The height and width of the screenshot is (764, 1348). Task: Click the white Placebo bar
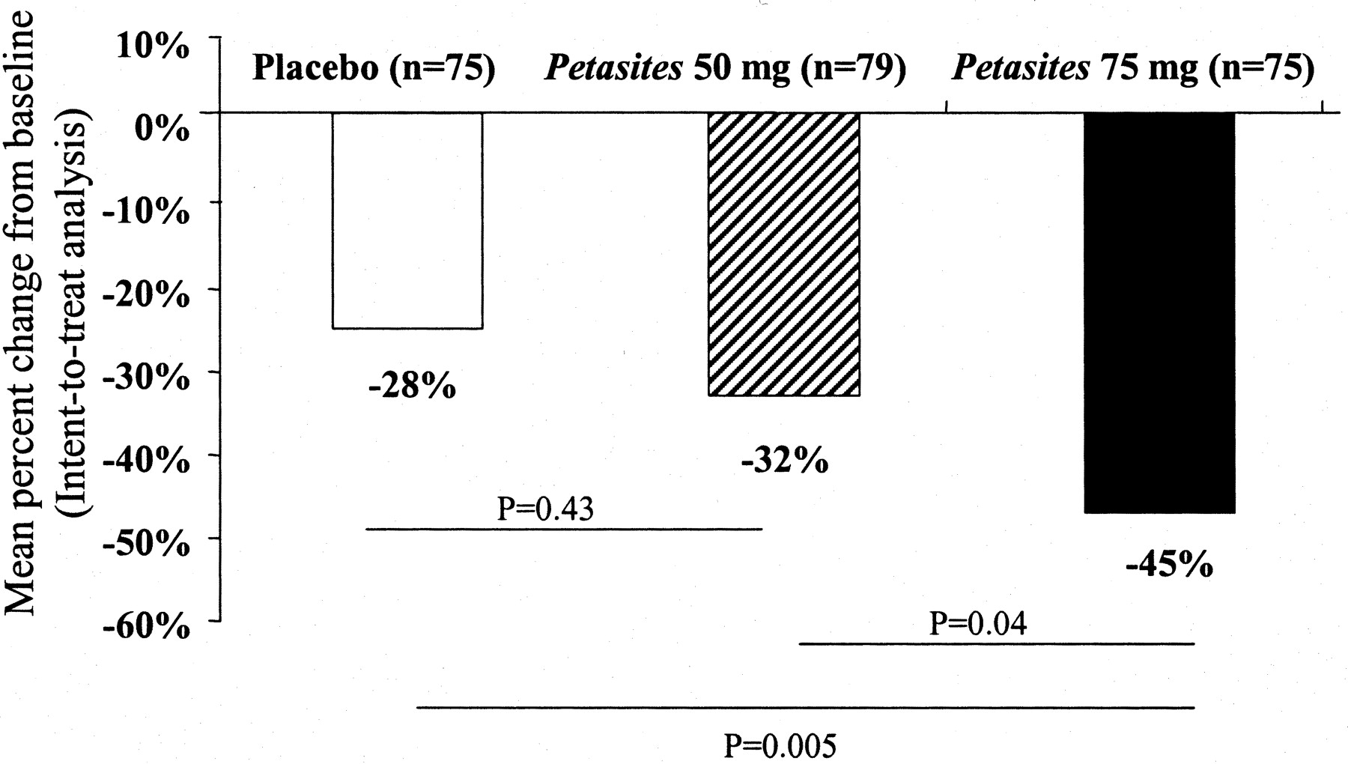[407, 220]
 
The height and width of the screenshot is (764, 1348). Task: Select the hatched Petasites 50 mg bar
[783, 254]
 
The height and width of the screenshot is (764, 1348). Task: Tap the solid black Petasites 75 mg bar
[1159, 312]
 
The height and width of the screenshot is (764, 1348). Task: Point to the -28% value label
[412, 388]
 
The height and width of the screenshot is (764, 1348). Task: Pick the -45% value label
[1169, 566]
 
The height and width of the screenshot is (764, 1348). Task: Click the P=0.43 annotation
[545, 509]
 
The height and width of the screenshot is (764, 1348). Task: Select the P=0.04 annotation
[977, 623]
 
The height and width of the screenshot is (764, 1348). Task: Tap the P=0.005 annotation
[780, 746]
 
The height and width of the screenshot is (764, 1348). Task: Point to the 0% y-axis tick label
[162, 130]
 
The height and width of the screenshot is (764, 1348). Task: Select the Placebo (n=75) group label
[374, 70]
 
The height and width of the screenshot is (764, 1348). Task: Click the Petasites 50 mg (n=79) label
[725, 70]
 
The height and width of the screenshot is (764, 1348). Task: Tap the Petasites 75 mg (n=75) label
[1133, 70]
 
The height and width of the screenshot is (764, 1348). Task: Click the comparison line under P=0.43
[563, 529]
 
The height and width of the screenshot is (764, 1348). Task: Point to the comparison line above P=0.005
[805, 707]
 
